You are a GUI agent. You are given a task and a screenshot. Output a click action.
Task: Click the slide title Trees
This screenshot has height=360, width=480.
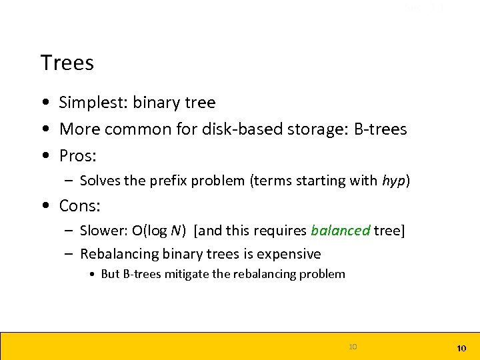click(67, 63)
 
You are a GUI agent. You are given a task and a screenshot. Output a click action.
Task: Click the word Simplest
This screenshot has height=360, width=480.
click(93, 103)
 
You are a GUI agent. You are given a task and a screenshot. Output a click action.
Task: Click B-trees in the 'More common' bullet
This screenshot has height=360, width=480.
click(380, 129)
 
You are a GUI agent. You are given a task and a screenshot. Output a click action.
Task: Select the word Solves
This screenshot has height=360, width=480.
click(99, 181)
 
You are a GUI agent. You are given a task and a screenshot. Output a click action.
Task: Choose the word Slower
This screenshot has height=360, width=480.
click(102, 231)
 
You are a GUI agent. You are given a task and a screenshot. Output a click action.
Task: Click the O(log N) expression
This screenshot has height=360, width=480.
click(159, 231)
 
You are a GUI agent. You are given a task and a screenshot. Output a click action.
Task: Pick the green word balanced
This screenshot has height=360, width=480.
click(340, 231)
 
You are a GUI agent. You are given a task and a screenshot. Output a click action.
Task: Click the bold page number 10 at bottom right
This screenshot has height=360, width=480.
click(461, 349)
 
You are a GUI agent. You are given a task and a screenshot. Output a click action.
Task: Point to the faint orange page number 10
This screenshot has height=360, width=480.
click(353, 346)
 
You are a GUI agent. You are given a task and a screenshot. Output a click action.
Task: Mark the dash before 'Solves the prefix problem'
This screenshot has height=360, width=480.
click(69, 181)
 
